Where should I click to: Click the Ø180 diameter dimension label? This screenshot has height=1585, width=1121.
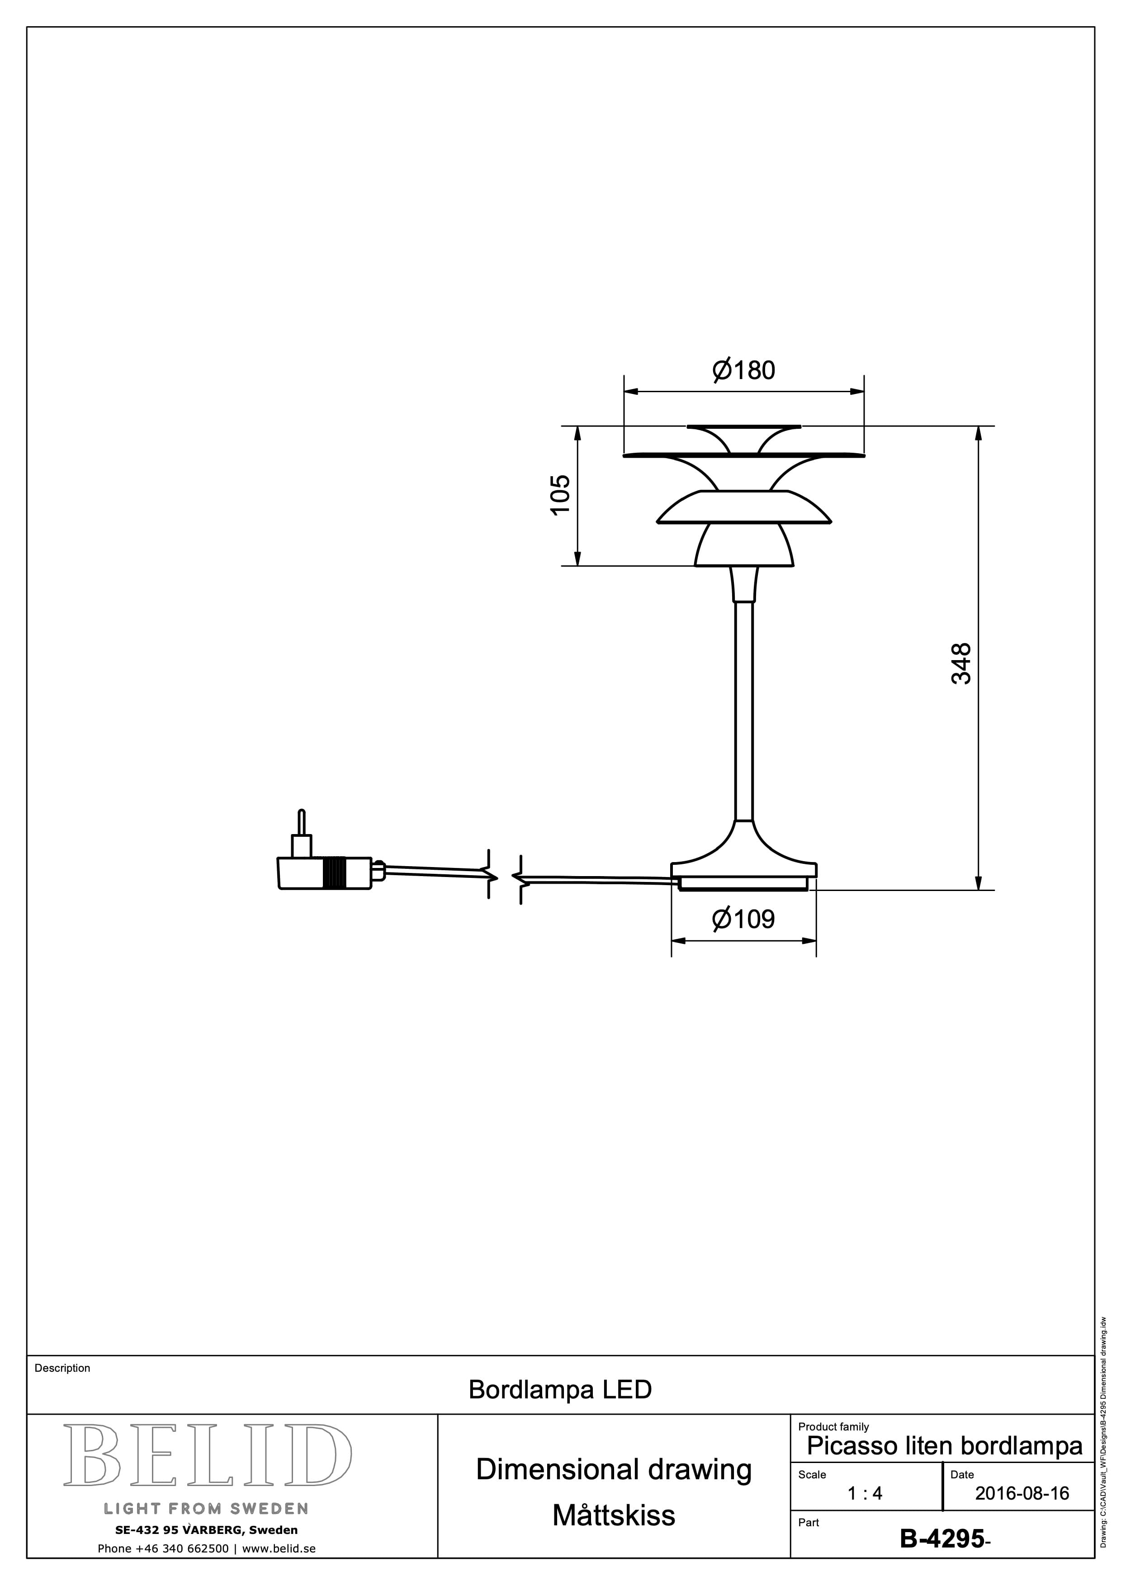click(744, 370)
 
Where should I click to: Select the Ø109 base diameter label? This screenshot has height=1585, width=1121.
click(743, 919)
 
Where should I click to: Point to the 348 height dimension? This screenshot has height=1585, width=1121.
click(961, 663)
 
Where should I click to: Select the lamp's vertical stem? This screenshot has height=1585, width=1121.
click(744, 711)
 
